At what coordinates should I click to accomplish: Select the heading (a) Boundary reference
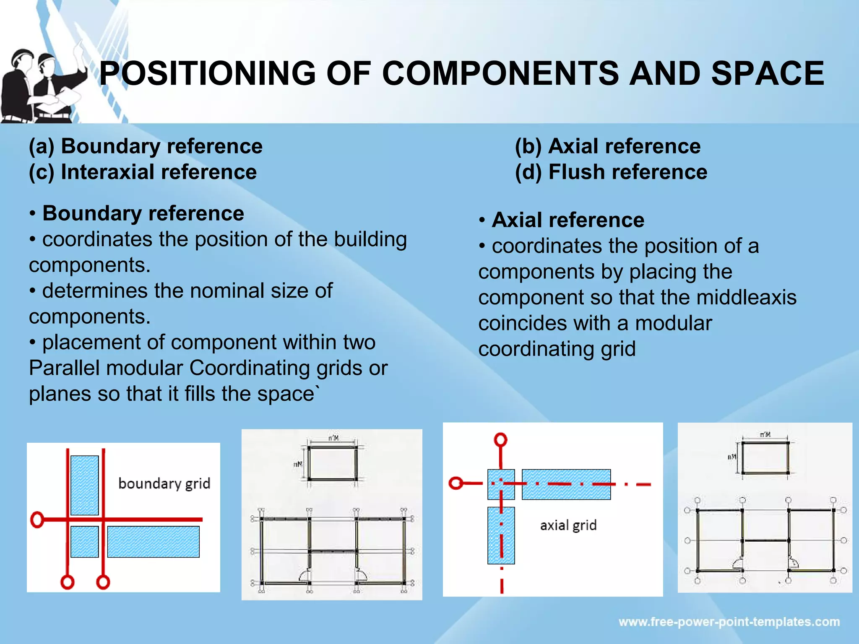[146, 146]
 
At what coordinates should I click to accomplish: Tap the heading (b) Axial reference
[607, 146]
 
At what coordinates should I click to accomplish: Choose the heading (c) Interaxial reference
[143, 172]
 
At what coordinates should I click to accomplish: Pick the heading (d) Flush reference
[611, 172]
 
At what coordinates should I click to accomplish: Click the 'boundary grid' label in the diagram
[164, 483]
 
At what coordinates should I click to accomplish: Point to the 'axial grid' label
[568, 525]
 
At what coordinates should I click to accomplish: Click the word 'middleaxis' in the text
[746, 298]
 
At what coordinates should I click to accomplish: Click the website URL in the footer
[729, 622]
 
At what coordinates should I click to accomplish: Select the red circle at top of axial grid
[500, 440]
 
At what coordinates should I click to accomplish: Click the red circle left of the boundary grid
[37, 519]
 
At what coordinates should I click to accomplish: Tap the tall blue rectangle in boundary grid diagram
[84, 485]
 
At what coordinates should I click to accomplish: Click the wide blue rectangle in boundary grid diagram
[153, 542]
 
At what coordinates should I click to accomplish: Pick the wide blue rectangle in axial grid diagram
[566, 484]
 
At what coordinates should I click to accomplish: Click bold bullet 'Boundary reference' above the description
[143, 213]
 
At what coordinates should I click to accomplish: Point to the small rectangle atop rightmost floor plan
[765, 457]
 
